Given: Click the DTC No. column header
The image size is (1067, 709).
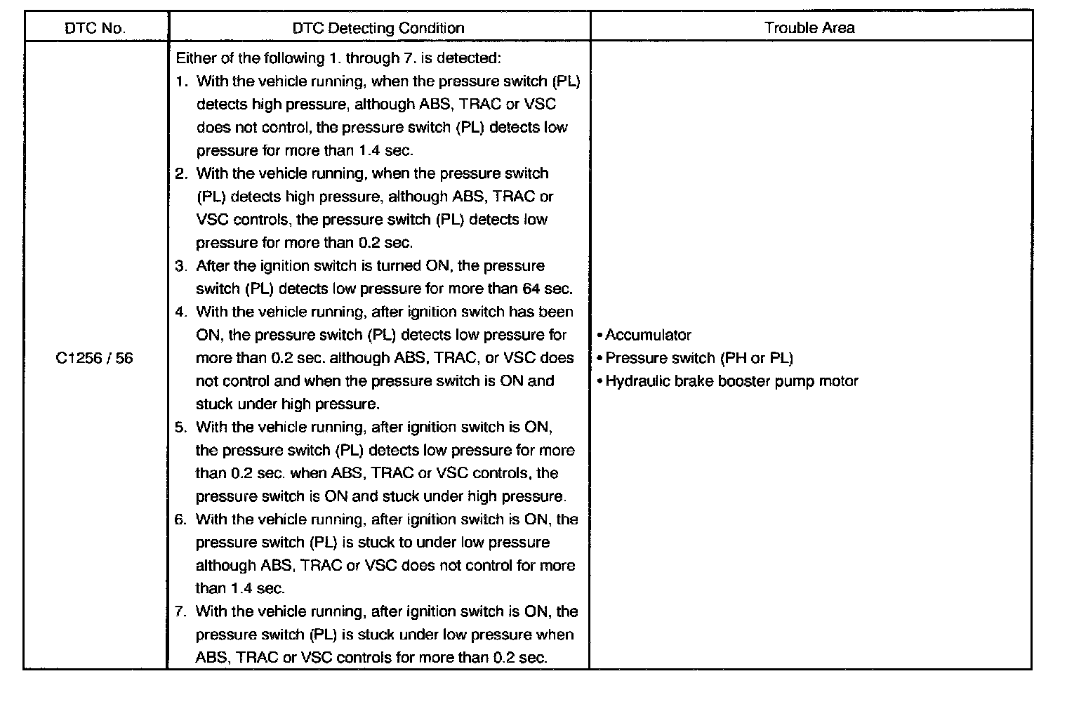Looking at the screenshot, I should coord(95,28).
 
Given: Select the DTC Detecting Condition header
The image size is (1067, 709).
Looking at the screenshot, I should coord(378,28).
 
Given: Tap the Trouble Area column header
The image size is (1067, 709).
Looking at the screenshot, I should coord(809,28).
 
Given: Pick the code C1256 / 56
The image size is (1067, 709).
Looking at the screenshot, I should coord(94,358).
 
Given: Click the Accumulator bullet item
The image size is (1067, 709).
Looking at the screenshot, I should coord(648,335).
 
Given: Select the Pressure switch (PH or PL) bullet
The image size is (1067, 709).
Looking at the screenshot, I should coord(698,358).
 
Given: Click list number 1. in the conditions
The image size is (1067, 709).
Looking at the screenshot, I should coord(182,81).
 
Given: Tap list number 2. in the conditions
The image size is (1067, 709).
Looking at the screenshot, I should coord(182,173).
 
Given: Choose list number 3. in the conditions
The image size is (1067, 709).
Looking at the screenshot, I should coord(182,266).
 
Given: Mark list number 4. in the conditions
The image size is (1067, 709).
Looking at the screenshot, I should coord(182,312).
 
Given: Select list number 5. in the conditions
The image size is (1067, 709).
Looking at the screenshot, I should coord(182,427).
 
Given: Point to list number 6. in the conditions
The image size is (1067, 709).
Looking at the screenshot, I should coord(182,519).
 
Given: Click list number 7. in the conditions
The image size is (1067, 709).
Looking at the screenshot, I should coord(182,611).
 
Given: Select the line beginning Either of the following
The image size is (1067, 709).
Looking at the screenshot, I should coord(338,58).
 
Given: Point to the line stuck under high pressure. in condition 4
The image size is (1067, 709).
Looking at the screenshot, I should coord(287,404).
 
